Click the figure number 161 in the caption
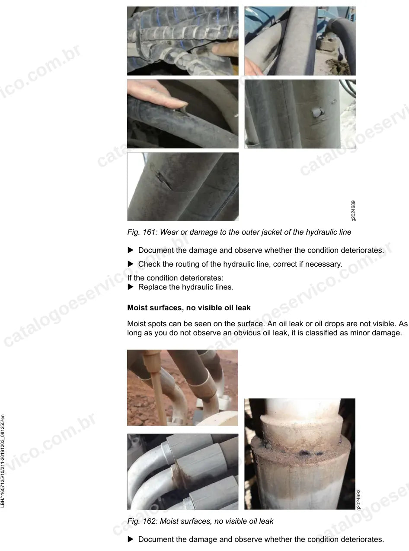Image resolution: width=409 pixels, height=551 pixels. [x=150, y=232]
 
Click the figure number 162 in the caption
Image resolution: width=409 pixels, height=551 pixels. [x=150, y=521]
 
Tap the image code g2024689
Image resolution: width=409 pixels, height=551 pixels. [x=353, y=210]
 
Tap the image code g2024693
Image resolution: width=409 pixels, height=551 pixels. [x=358, y=500]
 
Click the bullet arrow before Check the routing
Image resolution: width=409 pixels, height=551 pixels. [x=131, y=264]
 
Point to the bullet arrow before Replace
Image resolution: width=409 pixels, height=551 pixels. [x=131, y=287]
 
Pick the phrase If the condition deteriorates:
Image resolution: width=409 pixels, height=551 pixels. [x=175, y=278]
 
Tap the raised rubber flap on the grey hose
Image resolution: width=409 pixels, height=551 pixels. [x=317, y=112]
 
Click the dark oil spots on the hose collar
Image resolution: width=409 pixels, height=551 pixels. [x=307, y=452]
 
